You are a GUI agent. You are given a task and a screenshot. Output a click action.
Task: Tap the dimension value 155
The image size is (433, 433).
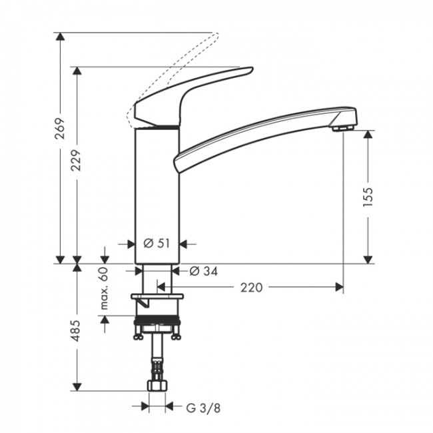(368, 197)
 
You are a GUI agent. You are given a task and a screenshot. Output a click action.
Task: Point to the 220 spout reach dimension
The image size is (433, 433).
(250, 288)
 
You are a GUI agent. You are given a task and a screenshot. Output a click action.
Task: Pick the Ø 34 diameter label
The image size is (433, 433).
(203, 271)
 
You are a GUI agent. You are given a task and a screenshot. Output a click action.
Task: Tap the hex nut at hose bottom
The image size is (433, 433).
(157, 385)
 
